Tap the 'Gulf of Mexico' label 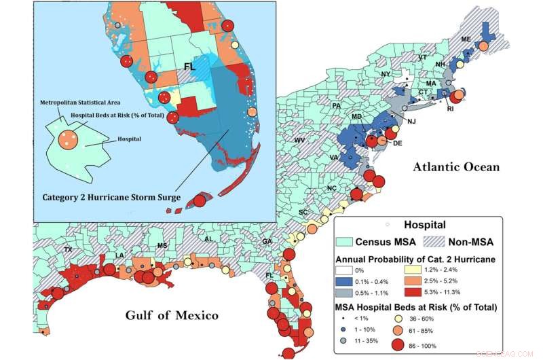pos(171,315)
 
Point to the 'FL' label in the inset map pos(192,67)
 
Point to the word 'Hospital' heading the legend pos(425,225)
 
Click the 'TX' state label pos(68,250)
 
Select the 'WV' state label pos(299,140)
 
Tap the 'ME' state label pos(466,39)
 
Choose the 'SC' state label pos(303,213)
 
